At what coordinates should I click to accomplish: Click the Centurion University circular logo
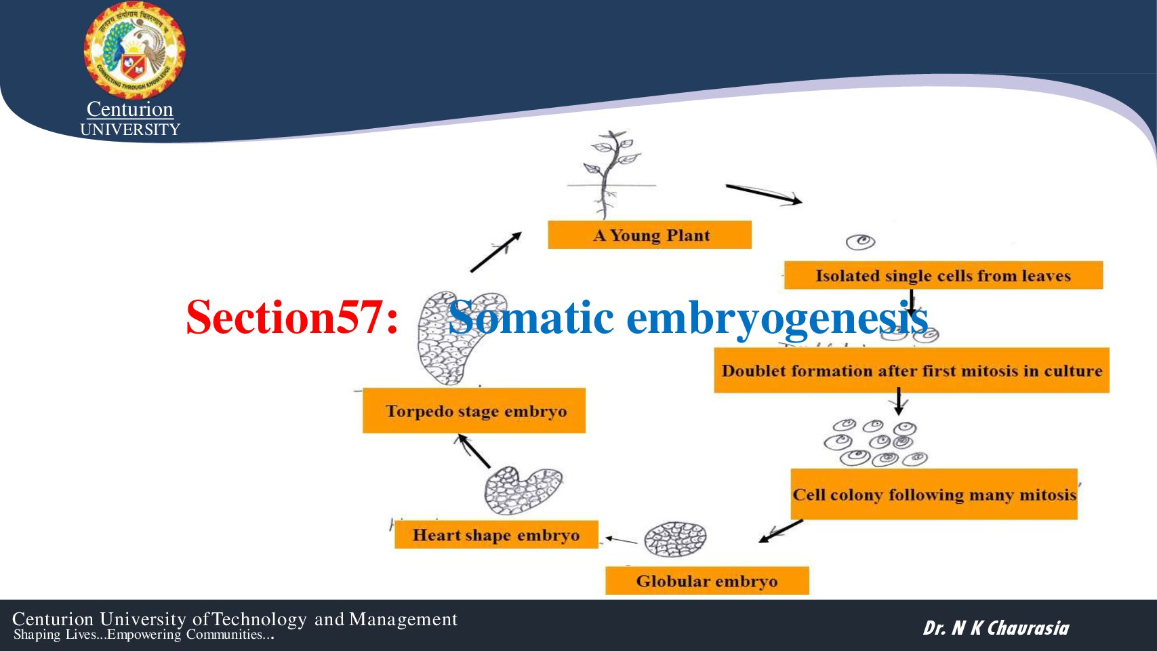point(134,52)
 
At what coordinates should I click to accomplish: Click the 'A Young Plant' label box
point(649,235)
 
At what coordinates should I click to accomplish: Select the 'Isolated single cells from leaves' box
point(943,275)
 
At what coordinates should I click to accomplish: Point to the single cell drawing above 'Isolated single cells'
point(861,241)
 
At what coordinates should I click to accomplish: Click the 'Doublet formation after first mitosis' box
point(911,370)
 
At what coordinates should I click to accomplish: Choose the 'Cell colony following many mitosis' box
point(933,494)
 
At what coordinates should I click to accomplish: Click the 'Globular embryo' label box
point(706,581)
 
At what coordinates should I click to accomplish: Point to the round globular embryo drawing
point(675,540)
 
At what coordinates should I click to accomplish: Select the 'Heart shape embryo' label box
point(495,535)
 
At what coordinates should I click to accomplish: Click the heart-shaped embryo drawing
point(523,490)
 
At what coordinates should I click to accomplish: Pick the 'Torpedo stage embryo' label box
point(474,411)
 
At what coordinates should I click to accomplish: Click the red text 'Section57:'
point(292,317)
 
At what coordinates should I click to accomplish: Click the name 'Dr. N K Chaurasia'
point(996,628)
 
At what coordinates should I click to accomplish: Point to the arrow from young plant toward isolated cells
point(763,193)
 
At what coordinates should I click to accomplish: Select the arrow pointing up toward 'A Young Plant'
point(495,252)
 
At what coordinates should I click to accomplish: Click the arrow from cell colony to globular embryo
point(781,531)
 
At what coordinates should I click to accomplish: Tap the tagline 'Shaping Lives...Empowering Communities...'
point(144,635)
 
